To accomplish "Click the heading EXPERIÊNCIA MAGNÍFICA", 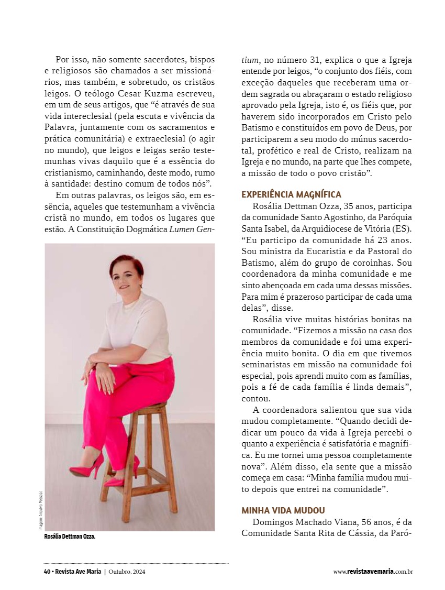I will click(x=291, y=194).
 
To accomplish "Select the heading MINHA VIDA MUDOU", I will click(x=283, y=510).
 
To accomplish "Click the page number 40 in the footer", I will click(x=47, y=572).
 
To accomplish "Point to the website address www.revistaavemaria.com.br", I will click(x=373, y=572).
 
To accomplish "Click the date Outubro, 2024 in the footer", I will click(x=127, y=572).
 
